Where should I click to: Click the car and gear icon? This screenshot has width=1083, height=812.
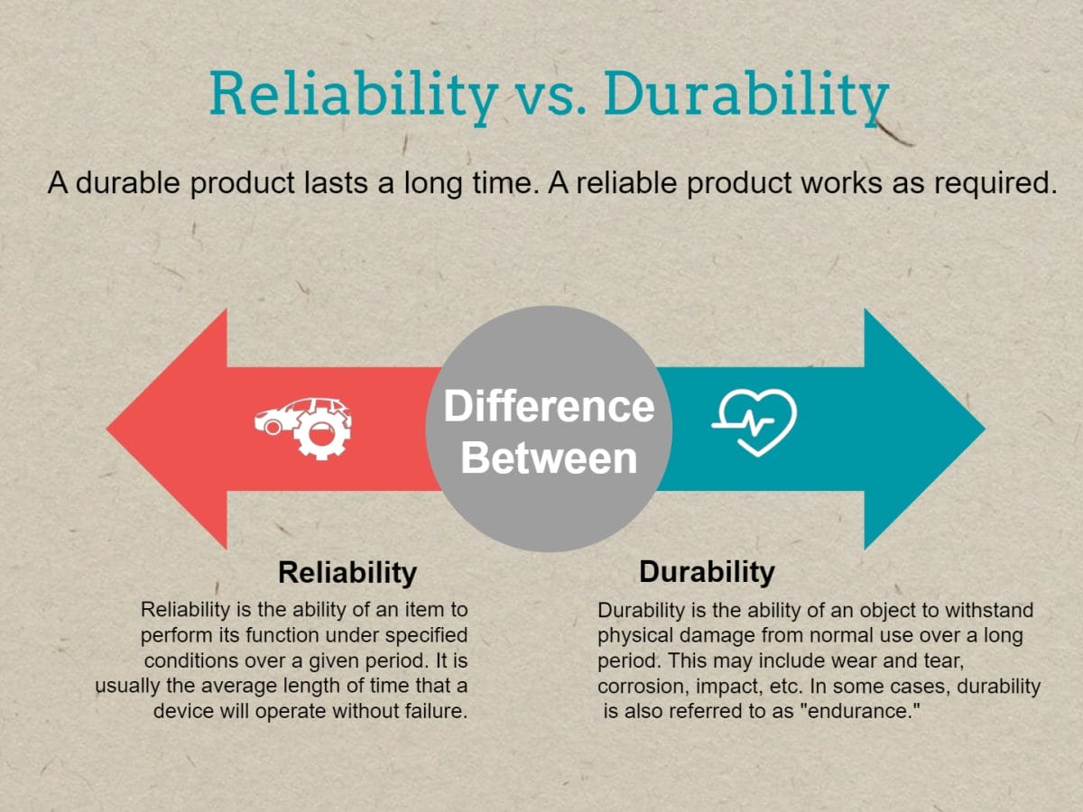pyautogui.click(x=303, y=428)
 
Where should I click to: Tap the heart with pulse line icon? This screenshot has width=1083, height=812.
pyautogui.click(x=754, y=422)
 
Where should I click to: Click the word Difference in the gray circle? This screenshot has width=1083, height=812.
pyautogui.click(x=549, y=406)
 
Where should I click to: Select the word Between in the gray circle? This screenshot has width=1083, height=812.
pyautogui.click(x=549, y=458)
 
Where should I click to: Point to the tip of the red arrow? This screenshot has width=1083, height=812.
pyautogui.click(x=106, y=429)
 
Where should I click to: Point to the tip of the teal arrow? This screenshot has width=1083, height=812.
pyautogui.click(x=986, y=429)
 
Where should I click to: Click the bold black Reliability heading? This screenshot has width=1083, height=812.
pyautogui.click(x=347, y=573)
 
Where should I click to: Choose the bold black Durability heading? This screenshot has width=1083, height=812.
pyautogui.click(x=707, y=572)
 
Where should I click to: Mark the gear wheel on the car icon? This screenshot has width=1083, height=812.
pyautogui.click(x=321, y=433)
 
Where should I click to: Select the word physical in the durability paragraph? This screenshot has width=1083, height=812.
pyautogui.click(x=635, y=636)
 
